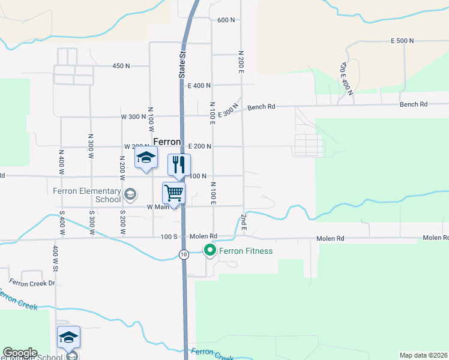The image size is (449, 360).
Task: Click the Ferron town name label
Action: [x=167, y=142]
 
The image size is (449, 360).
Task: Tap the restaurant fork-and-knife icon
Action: [x=178, y=164]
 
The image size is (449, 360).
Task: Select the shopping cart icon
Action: [x=173, y=193]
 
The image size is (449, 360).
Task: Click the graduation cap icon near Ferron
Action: [x=145, y=159]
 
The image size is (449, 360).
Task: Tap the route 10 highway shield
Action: [x=184, y=254]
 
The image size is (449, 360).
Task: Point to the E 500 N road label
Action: [x=402, y=41]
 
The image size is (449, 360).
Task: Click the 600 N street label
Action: [x=226, y=20]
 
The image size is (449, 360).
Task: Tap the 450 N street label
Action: [x=121, y=66]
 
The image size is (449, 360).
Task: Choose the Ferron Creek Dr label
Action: [x=32, y=282]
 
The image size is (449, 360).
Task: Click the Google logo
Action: [x=20, y=353]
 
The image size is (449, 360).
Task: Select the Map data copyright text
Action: [x=423, y=355]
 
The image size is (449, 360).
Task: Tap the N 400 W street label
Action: [x=61, y=161]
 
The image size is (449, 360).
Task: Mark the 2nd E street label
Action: [x=244, y=221]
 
